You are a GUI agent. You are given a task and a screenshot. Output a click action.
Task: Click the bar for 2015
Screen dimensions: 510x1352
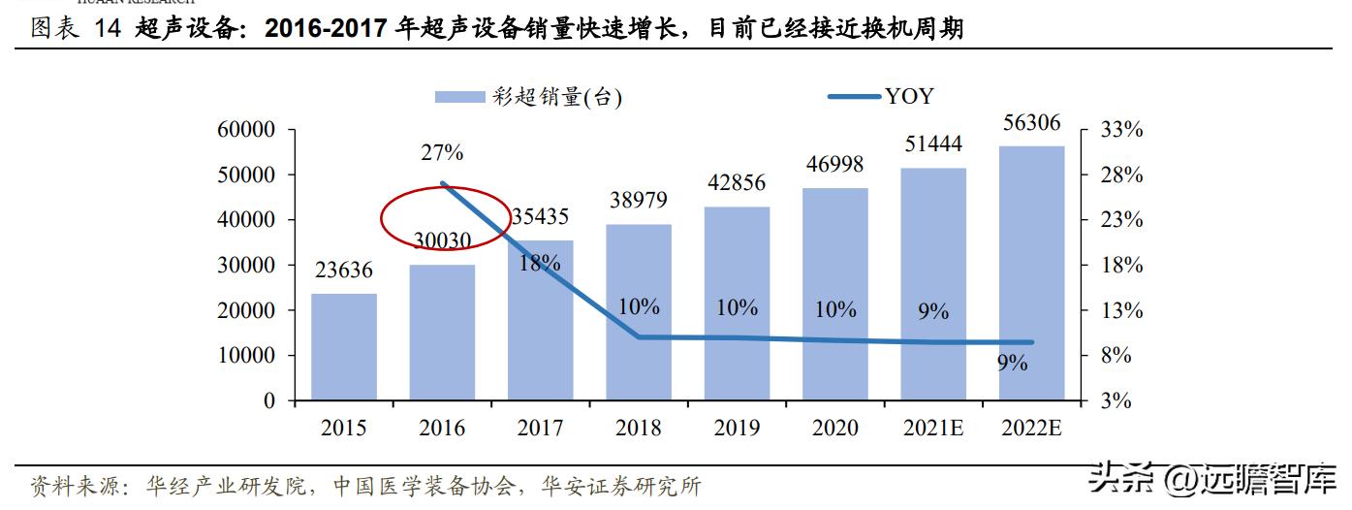click(343, 346)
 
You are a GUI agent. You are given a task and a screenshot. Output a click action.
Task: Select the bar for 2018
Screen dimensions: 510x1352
click(639, 311)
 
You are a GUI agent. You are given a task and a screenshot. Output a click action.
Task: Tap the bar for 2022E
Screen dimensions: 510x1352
click(1031, 272)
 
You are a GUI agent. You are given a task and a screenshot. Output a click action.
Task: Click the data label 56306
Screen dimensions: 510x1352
click(1031, 123)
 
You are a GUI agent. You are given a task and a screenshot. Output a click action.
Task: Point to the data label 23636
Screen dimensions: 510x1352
click(343, 271)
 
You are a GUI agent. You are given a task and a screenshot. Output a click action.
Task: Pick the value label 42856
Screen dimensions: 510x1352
click(738, 183)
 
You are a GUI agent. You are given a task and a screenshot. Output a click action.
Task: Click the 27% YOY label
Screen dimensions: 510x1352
click(442, 152)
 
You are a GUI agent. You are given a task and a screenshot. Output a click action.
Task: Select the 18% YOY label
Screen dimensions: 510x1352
click(539, 262)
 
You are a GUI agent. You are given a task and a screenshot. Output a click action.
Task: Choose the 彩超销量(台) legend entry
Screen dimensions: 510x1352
click(529, 96)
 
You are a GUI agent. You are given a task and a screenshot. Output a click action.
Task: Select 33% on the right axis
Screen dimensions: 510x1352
click(1122, 130)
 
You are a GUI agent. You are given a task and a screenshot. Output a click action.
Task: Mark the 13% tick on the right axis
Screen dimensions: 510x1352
click(1122, 310)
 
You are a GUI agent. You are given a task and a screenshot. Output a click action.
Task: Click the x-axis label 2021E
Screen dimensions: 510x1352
click(932, 429)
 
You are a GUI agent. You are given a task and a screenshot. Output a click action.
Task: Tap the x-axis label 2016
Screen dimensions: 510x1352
click(442, 429)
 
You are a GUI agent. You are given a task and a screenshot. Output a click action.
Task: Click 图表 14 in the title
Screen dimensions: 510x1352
click(75, 29)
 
